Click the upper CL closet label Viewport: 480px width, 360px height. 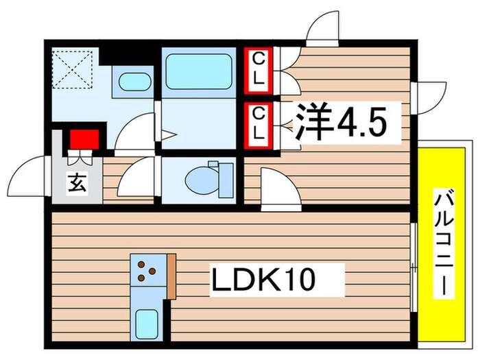pyautogui.click(x=259, y=69)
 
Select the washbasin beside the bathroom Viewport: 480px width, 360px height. pyautogui.click(x=134, y=82)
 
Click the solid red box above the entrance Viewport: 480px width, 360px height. pyautogui.click(x=84, y=140)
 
